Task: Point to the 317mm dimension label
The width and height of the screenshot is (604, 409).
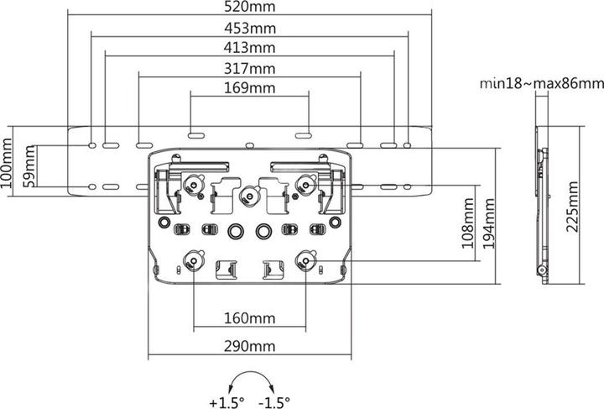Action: (x=250, y=68)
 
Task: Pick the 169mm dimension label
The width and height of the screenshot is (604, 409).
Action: (x=250, y=87)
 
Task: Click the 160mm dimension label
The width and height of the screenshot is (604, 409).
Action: (x=250, y=319)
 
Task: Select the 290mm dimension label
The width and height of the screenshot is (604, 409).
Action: (x=250, y=346)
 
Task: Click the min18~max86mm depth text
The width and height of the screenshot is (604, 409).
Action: (x=541, y=83)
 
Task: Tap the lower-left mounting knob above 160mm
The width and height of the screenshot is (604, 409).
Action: (x=195, y=260)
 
